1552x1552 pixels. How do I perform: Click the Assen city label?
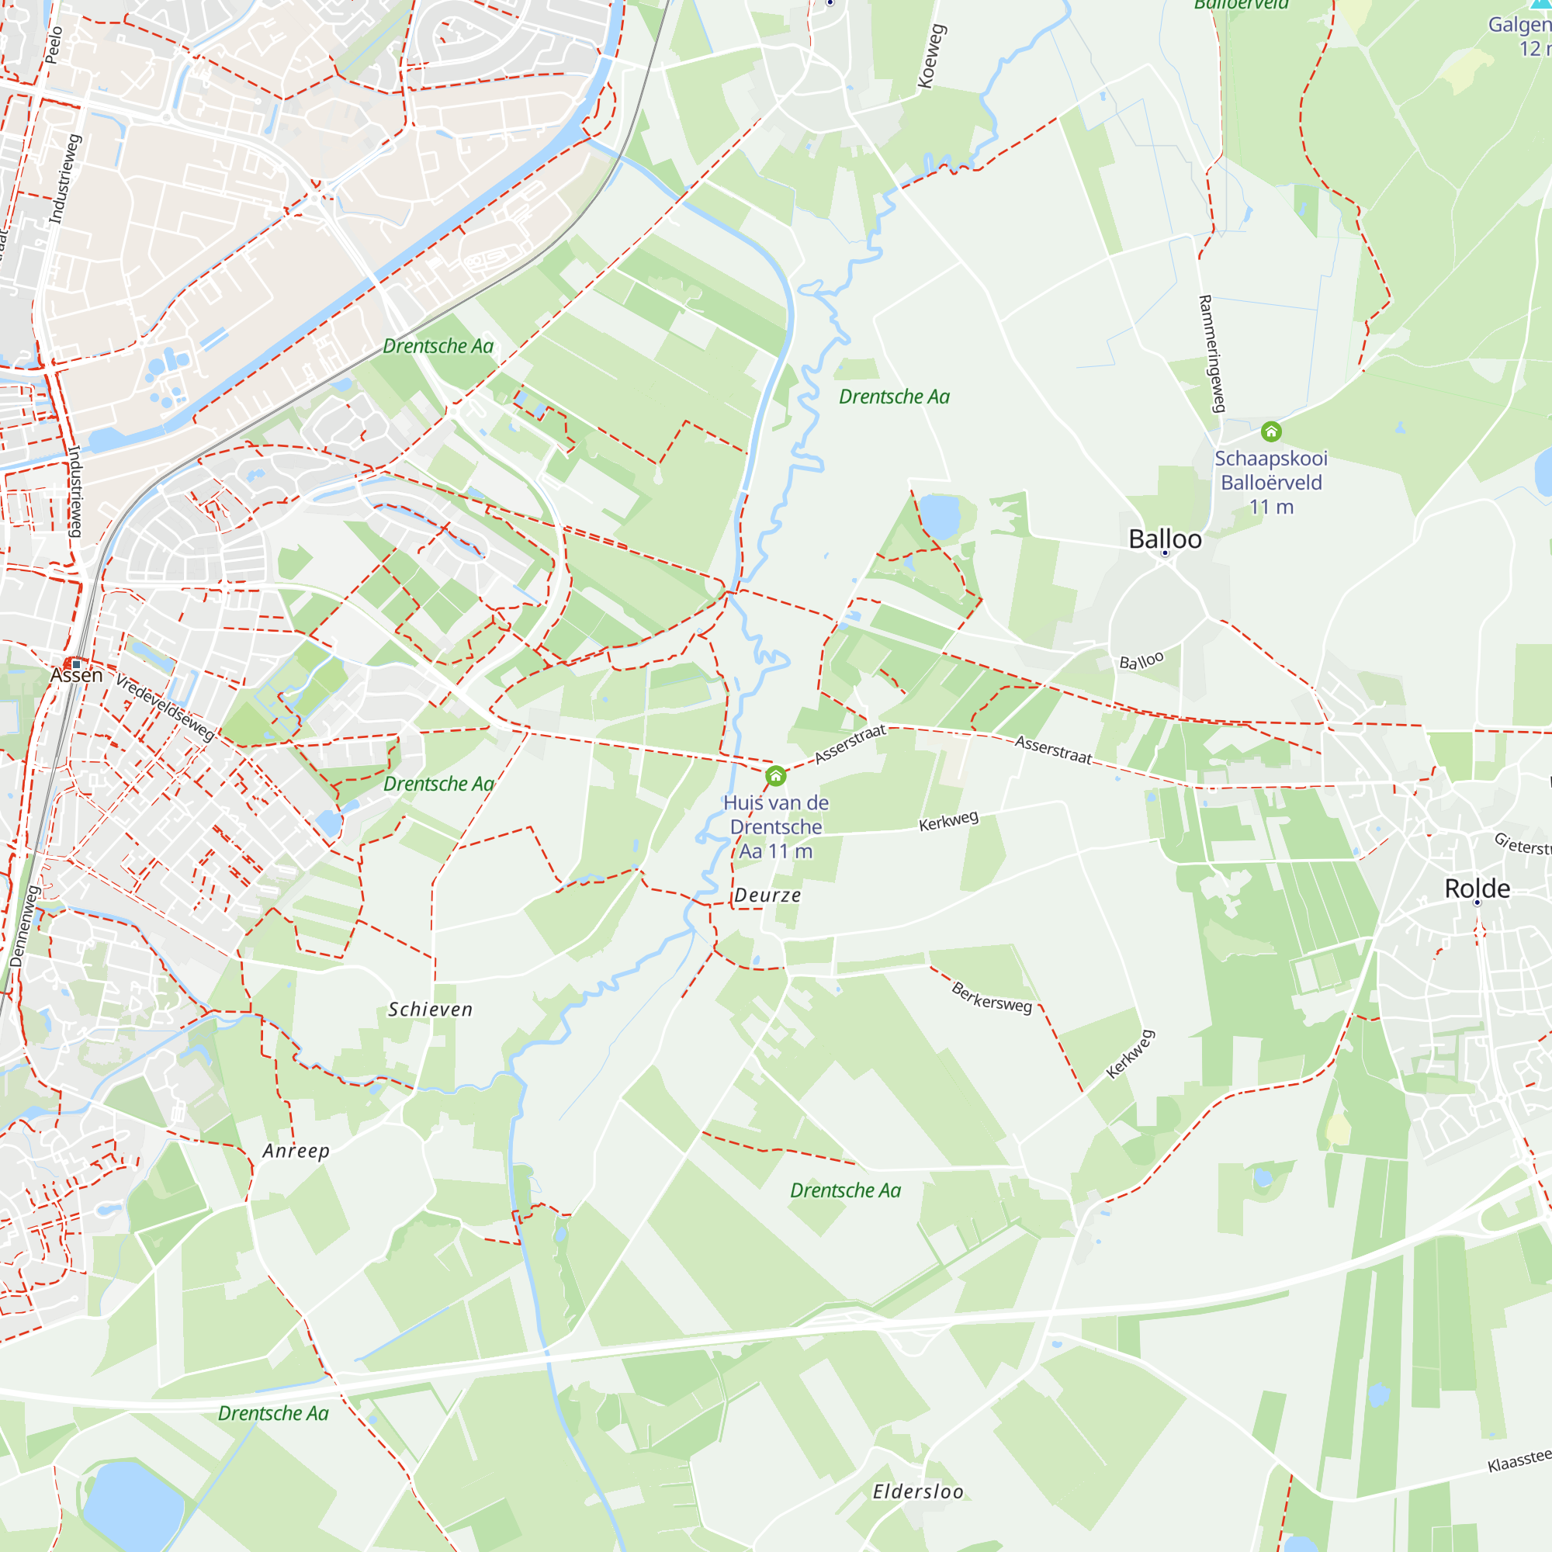coord(76,675)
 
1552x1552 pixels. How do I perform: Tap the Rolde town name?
coord(1477,889)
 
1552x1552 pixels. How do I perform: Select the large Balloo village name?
coord(1165,539)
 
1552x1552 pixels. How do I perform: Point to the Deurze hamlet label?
coord(767,896)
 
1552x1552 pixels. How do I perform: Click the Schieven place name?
coord(431,1010)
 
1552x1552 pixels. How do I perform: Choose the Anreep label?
coord(296,1151)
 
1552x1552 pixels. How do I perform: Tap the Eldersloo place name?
coord(917,1491)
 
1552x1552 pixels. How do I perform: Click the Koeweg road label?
coord(932,56)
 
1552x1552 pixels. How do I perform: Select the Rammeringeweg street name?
coord(1212,353)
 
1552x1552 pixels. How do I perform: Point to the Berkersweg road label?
coord(991,997)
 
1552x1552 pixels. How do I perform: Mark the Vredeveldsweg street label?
coord(165,707)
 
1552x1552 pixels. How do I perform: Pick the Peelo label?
coord(53,45)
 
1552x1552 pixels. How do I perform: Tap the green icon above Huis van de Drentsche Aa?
coord(775,776)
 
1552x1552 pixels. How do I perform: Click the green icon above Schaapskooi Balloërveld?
coord(1271,432)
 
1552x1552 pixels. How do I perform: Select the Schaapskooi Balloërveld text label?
coord(1271,482)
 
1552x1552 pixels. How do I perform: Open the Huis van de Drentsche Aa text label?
coord(775,826)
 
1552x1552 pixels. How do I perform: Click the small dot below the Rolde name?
coord(1477,903)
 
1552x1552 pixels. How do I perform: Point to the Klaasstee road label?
coord(1519,1461)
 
